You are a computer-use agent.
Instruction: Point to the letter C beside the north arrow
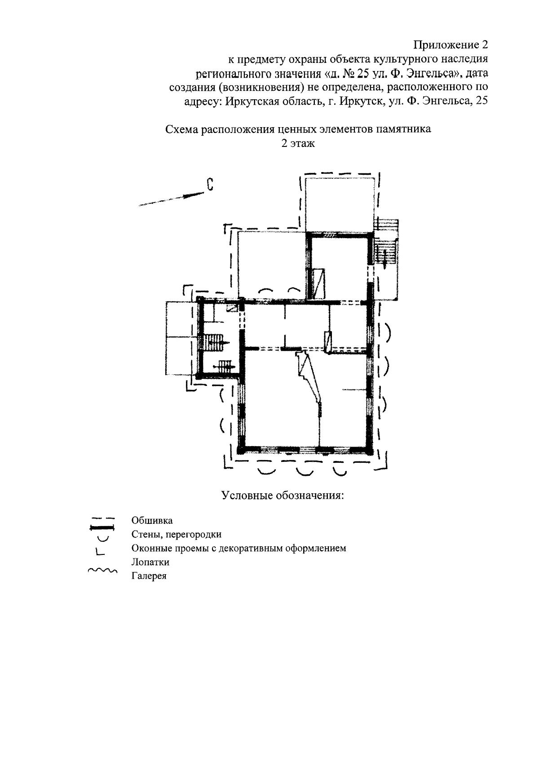(x=209, y=185)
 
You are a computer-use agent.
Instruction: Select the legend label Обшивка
(x=152, y=521)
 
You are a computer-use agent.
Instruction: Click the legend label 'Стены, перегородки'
(x=176, y=535)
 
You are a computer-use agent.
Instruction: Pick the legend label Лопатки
(x=150, y=562)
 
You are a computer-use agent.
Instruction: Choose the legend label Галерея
(x=149, y=576)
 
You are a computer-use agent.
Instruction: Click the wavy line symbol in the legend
(x=102, y=571)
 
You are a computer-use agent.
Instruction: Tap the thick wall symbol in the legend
(x=102, y=527)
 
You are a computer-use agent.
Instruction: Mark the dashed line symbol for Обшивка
(x=102, y=518)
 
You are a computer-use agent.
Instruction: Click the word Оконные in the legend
(x=151, y=549)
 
